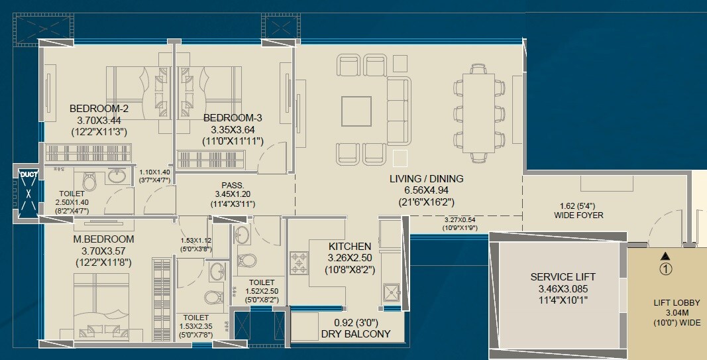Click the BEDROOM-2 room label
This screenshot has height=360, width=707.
(99, 109)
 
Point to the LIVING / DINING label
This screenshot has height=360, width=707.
(426, 179)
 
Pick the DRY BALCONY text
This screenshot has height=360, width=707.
(355, 334)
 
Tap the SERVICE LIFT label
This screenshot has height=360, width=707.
(563, 276)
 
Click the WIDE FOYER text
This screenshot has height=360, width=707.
(578, 215)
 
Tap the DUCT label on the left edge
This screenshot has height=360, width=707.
(28, 174)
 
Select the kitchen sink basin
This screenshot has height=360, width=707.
(390, 292)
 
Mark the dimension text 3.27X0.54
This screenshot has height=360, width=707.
(461, 220)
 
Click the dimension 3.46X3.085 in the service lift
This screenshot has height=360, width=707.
(563, 289)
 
